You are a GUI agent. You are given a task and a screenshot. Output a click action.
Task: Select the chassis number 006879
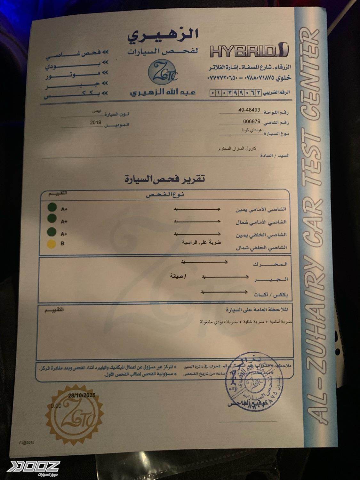click(x=252, y=121)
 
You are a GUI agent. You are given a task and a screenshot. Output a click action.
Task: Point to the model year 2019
click(x=95, y=122)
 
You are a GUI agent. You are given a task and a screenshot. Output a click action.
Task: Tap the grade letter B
click(x=62, y=244)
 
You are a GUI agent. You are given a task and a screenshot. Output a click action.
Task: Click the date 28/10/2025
click(x=82, y=396)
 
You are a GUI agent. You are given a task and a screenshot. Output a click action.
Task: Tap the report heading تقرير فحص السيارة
click(x=164, y=179)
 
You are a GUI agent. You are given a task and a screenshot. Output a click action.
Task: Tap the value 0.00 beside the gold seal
click(x=56, y=406)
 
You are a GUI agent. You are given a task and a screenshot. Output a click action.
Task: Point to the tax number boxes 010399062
click(x=235, y=93)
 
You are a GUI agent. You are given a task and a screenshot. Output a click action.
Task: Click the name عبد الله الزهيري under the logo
click(x=163, y=93)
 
